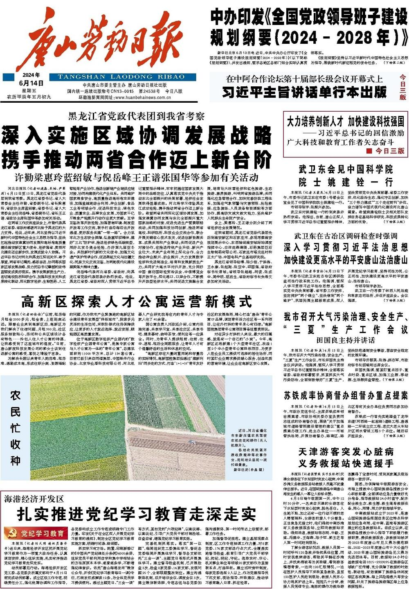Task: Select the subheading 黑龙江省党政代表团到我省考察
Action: pos(136,116)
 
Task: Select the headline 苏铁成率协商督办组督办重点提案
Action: pos(346,395)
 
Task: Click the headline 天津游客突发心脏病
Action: pos(346,452)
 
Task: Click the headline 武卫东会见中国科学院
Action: pos(346,169)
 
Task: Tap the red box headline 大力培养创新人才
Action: pos(346,121)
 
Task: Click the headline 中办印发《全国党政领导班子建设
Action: pos(309,18)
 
